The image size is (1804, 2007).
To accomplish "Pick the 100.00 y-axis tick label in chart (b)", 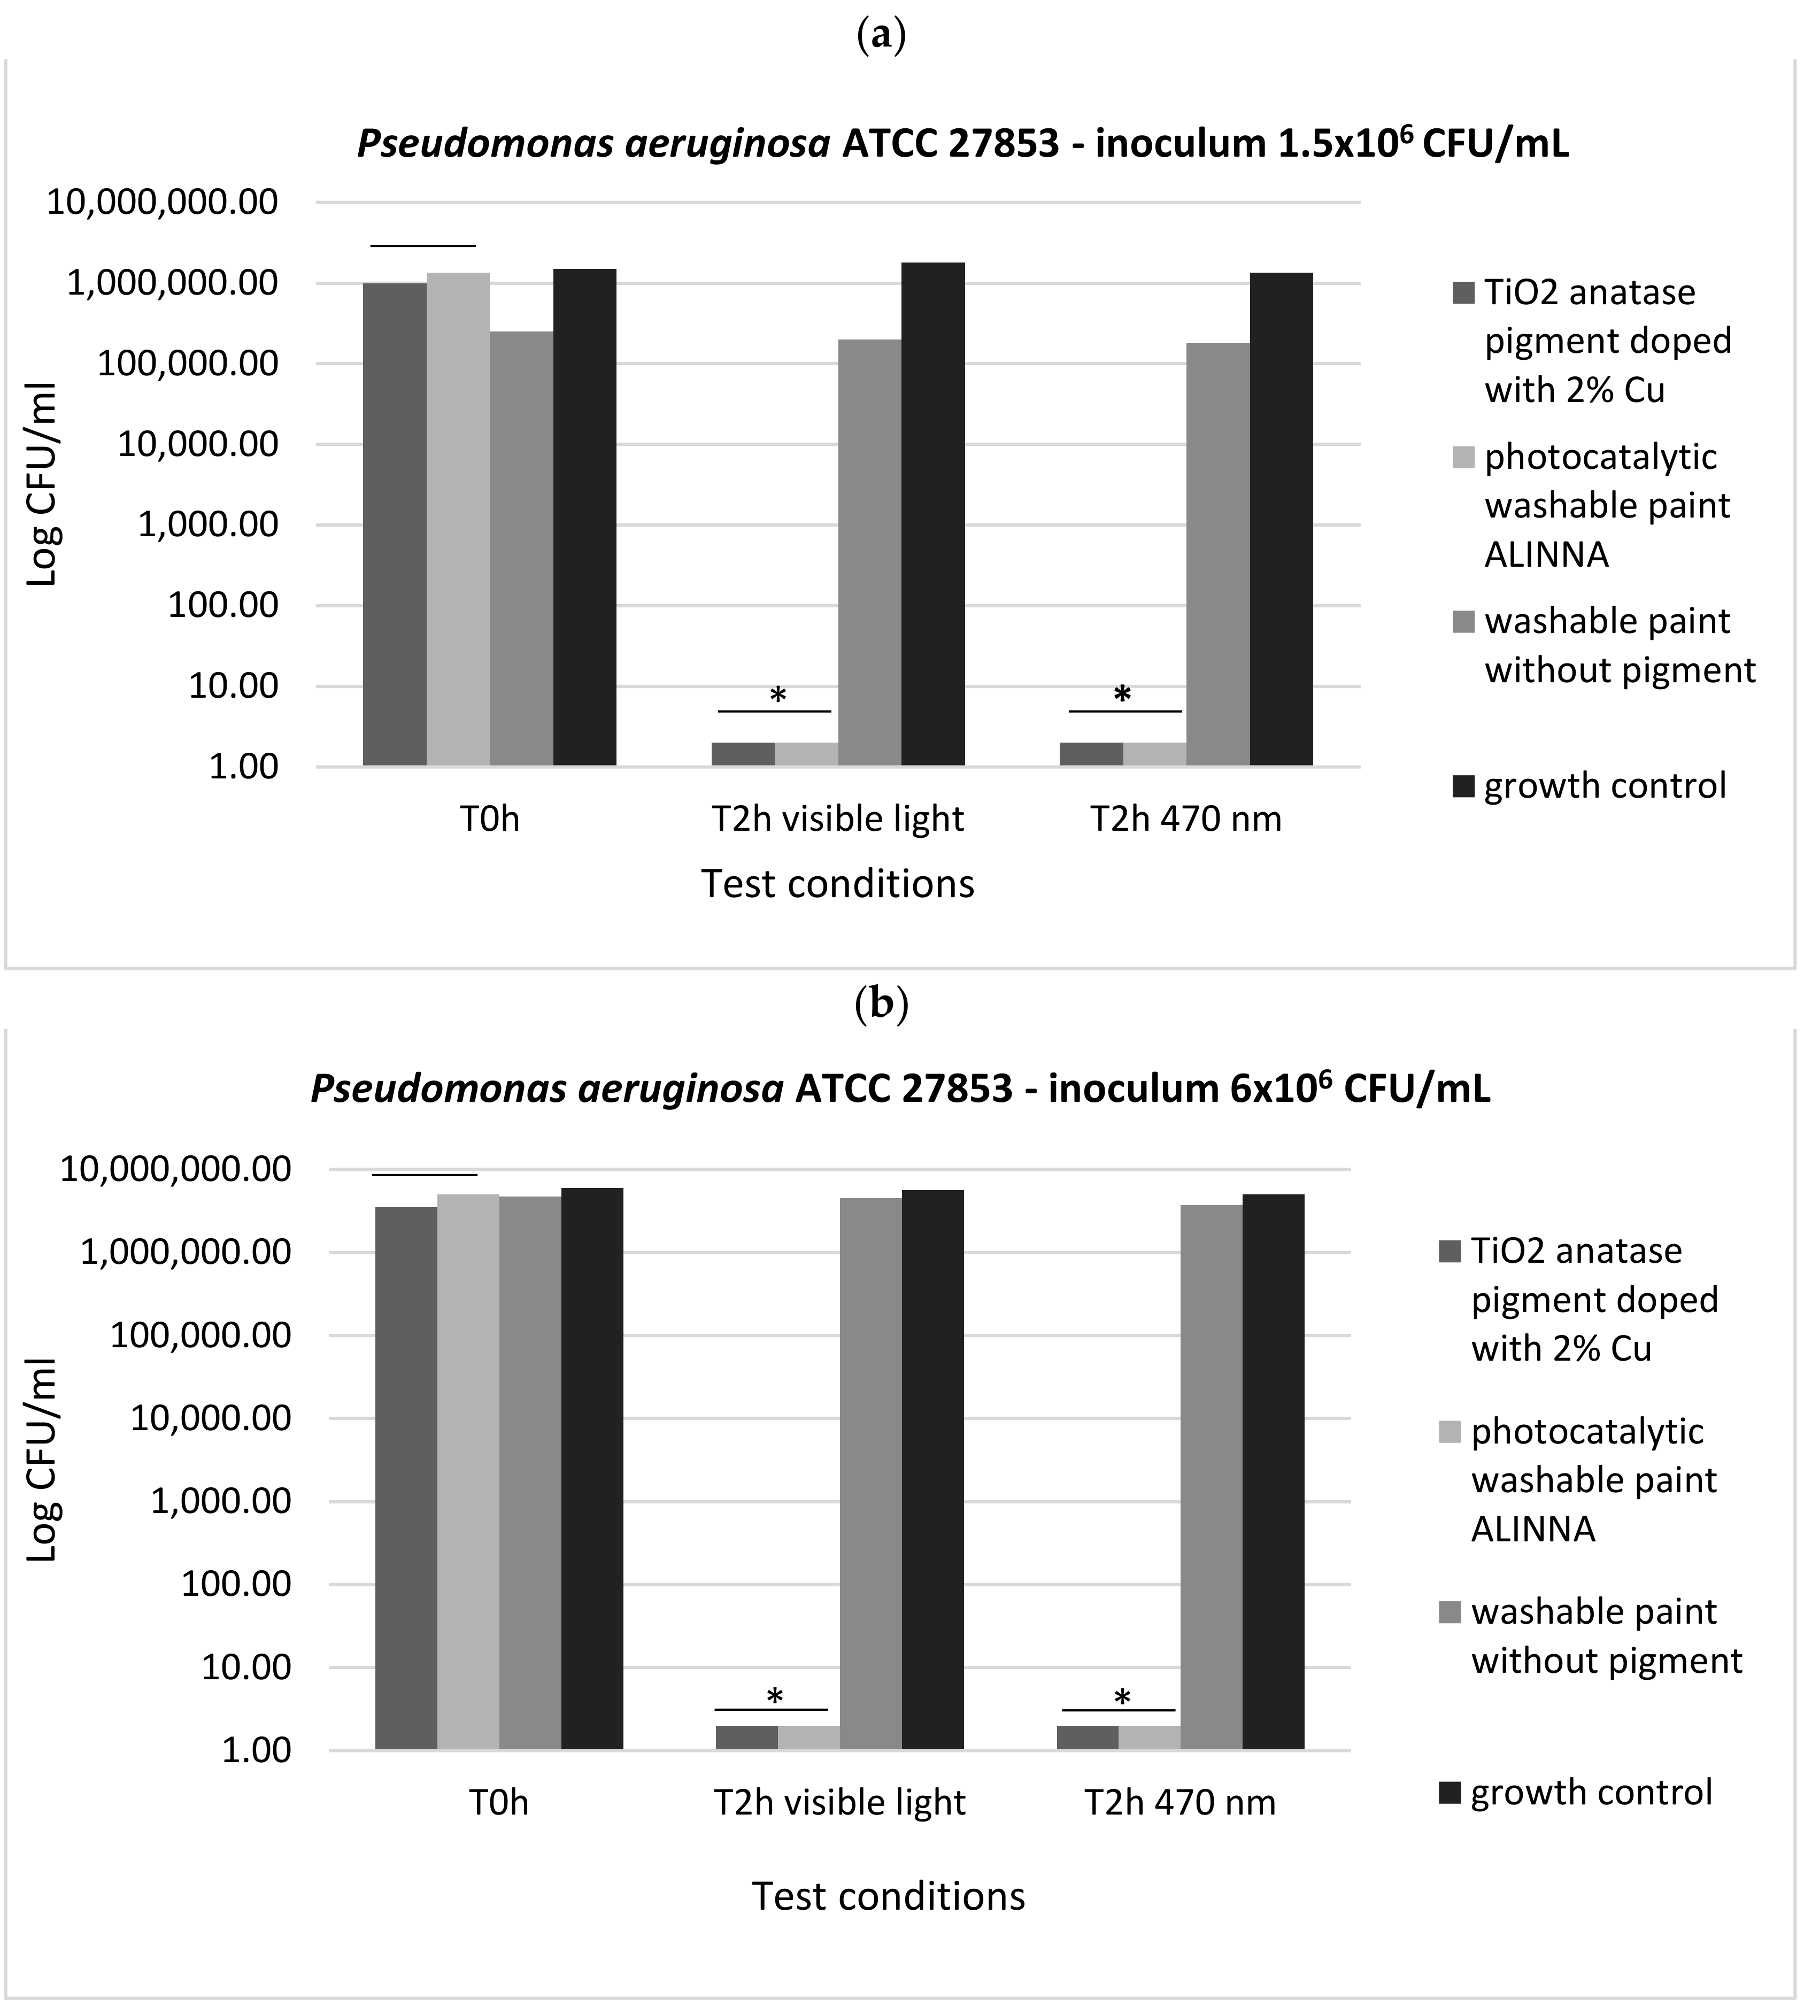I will tap(236, 1584).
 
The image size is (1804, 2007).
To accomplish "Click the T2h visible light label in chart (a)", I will tap(837, 819).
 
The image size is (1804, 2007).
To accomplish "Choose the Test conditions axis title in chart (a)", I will tap(837, 883).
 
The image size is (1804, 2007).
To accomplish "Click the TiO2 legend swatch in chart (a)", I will tap(1463, 294).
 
